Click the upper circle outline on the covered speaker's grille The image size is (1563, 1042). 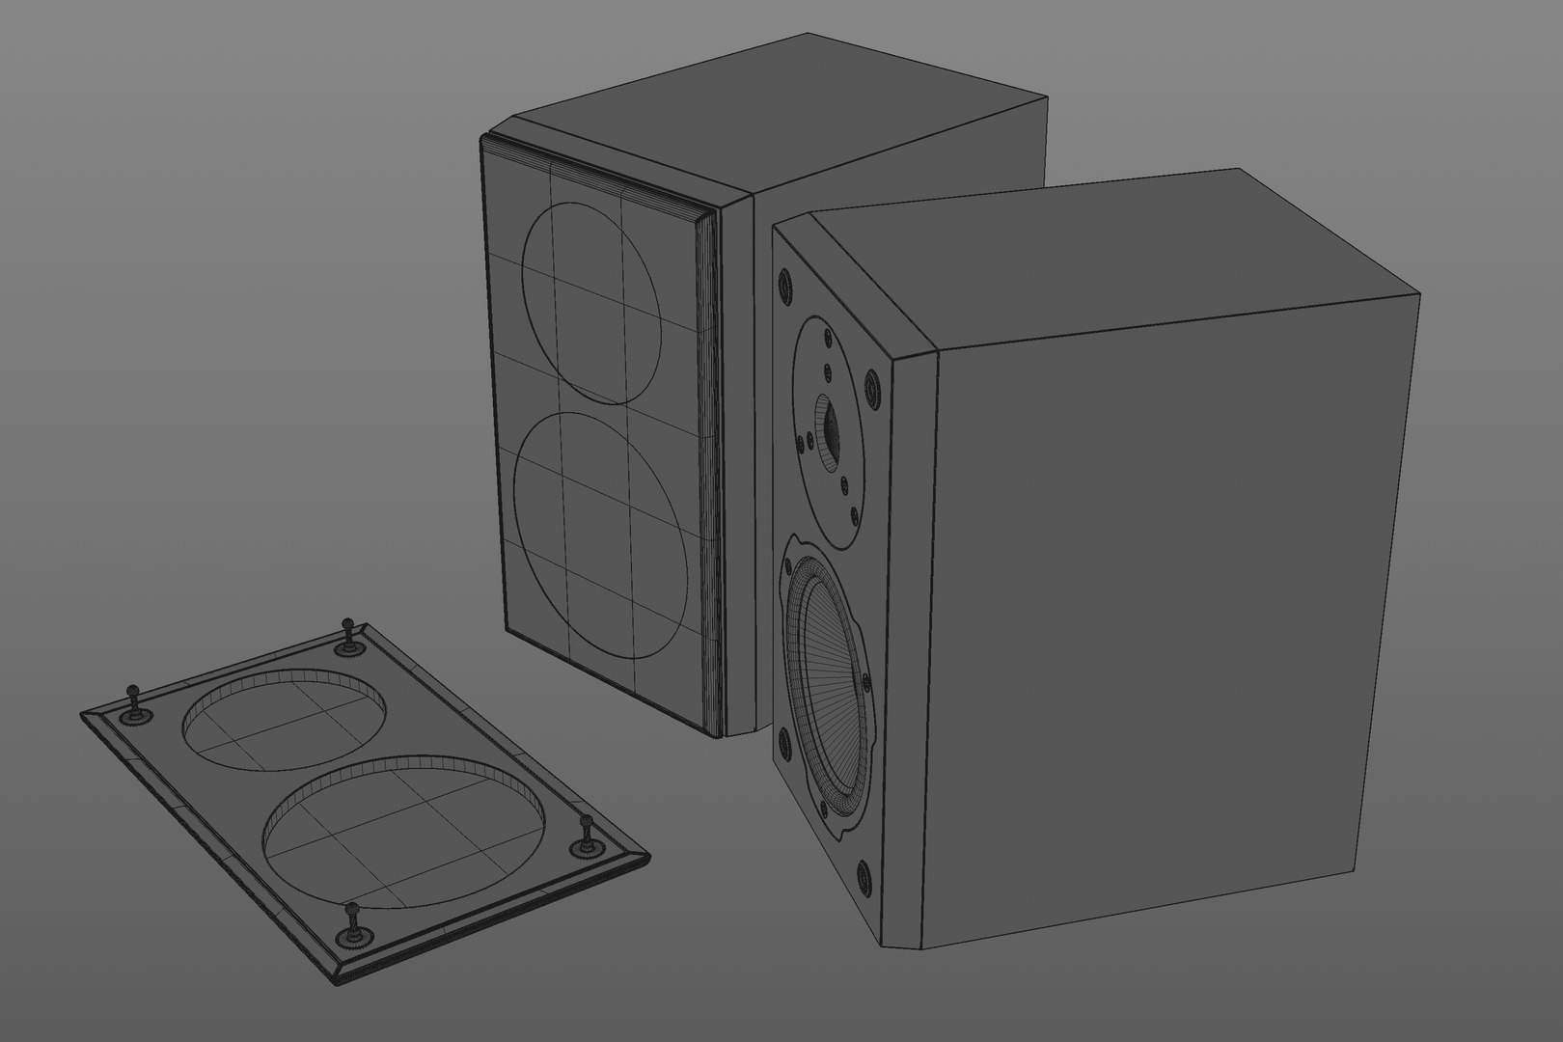click(x=590, y=301)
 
